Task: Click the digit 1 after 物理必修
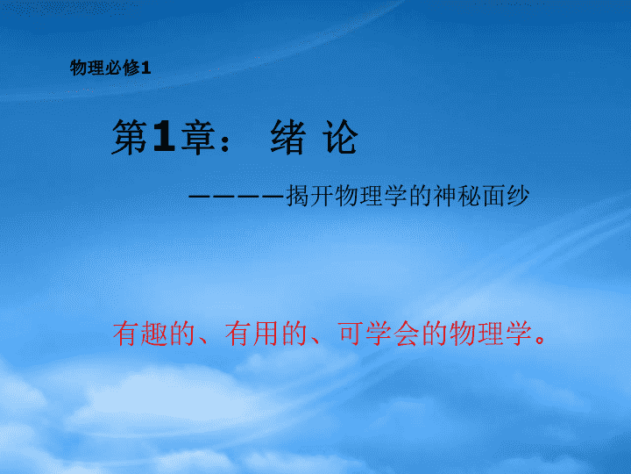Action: [x=146, y=68]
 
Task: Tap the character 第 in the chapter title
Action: [x=130, y=138]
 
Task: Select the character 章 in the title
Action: [x=197, y=138]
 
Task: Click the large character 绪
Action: [x=287, y=138]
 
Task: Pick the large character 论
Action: [x=340, y=138]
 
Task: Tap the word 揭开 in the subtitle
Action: [x=310, y=197]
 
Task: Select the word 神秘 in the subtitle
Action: [x=457, y=197]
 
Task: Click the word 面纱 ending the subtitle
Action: [x=506, y=197]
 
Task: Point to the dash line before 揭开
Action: [x=237, y=197]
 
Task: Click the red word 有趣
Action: [x=140, y=334]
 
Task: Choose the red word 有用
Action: [x=252, y=334]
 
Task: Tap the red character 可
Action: [x=351, y=334]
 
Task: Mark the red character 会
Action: [x=407, y=334]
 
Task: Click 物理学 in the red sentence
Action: [x=491, y=334]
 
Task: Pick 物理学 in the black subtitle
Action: [x=359, y=197]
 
